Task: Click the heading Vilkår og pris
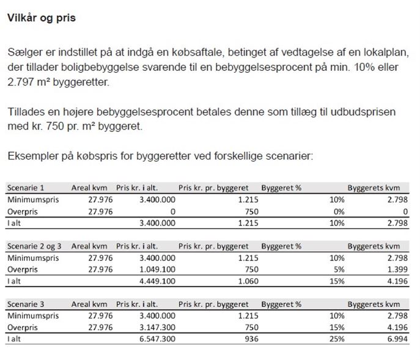pos(42,18)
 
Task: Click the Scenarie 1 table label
pos(25,188)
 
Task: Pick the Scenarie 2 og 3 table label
pos(34,246)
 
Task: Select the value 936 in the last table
pos(241,340)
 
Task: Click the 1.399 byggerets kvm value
pos(396,270)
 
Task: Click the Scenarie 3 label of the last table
pos(25,304)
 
